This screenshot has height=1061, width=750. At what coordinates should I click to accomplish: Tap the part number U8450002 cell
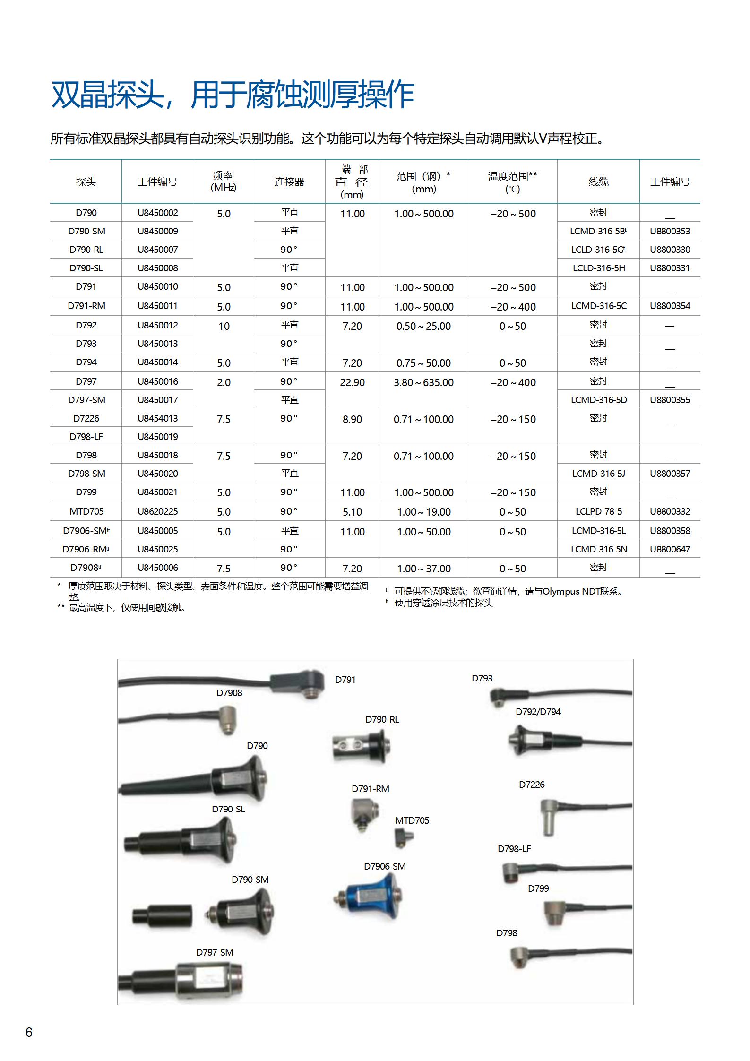click(158, 213)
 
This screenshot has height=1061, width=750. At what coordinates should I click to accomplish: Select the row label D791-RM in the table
click(86, 306)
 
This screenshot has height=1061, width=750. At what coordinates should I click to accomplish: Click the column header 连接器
click(289, 182)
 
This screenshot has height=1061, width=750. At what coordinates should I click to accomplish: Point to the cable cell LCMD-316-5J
click(598, 474)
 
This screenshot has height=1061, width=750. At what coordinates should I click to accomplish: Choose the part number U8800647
click(670, 549)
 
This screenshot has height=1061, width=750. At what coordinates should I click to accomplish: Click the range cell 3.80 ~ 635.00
click(423, 382)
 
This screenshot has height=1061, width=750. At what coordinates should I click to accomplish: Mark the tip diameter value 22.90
click(352, 382)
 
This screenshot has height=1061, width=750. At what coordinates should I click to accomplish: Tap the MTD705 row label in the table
click(86, 511)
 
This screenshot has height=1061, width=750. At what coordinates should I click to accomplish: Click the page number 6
click(29, 1032)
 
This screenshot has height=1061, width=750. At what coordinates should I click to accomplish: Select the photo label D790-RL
click(382, 719)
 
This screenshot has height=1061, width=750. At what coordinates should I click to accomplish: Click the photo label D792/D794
click(538, 712)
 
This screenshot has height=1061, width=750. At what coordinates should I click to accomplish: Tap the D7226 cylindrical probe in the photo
click(548, 816)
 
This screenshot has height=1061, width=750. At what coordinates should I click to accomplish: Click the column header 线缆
click(598, 182)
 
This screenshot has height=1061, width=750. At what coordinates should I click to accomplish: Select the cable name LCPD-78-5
click(598, 511)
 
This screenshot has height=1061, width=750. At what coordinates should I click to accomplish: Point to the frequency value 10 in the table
click(224, 326)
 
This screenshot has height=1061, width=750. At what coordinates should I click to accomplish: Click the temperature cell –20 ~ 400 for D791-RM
click(513, 307)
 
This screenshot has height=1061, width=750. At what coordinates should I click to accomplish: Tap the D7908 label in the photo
click(229, 693)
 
